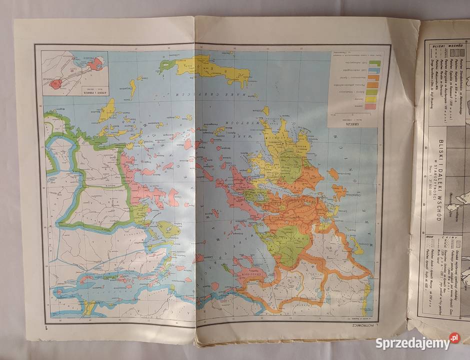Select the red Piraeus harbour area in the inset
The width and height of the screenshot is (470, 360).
pos(97,63)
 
